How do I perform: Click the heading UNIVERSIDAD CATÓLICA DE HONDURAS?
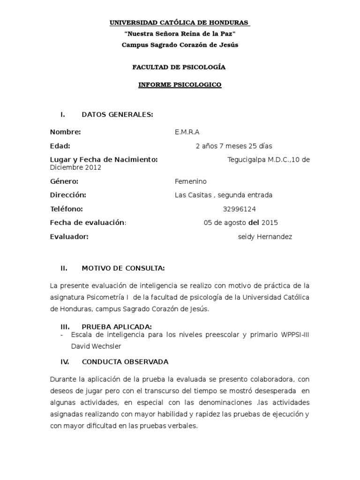click(x=180, y=23)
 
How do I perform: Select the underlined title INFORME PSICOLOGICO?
click(x=180, y=85)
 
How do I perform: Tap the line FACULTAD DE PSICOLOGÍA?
click(x=180, y=67)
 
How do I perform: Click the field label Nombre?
click(x=66, y=132)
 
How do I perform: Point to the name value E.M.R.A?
click(x=187, y=132)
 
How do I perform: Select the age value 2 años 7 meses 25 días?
click(x=233, y=146)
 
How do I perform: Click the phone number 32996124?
click(x=240, y=209)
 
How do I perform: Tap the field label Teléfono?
click(x=67, y=209)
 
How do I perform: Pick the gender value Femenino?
click(x=190, y=181)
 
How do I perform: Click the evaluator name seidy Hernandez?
click(x=265, y=237)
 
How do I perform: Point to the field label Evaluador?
click(x=69, y=237)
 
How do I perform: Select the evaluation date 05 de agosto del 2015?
click(x=240, y=223)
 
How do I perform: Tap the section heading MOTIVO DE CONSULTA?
click(x=123, y=269)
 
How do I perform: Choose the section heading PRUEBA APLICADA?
click(x=117, y=327)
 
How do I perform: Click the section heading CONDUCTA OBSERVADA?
click(x=125, y=362)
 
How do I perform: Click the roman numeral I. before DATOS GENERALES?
click(x=62, y=114)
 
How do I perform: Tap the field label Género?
click(x=64, y=181)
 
